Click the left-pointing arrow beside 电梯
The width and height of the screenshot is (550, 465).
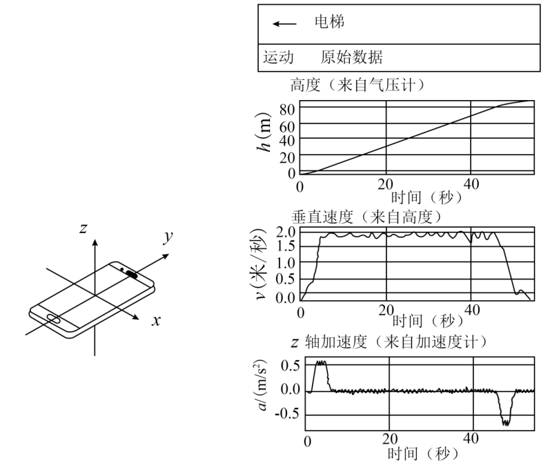284,24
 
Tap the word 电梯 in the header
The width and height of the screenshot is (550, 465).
329,22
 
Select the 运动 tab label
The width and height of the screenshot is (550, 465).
279,57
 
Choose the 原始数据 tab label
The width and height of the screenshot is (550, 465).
351,57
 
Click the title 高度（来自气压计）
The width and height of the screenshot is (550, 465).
358,85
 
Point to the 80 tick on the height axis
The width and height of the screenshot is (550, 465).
287,110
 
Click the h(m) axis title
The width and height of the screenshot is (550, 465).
264,132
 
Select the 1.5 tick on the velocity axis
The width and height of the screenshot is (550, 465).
286,246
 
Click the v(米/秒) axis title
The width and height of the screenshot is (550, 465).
261,264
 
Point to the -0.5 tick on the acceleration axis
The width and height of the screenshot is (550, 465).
287,414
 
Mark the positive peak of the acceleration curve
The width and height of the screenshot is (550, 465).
321,362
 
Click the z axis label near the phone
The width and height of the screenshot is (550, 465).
83,228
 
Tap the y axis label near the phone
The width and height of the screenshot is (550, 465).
168,237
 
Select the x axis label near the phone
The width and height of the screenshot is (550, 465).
156,321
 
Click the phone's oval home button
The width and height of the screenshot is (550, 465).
53,318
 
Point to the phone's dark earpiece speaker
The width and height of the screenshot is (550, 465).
132,275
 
